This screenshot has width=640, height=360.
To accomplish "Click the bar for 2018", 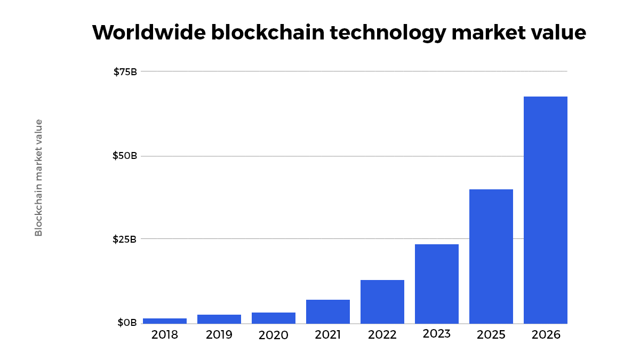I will (x=165, y=321).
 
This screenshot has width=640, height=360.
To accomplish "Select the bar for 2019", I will (x=219, y=319).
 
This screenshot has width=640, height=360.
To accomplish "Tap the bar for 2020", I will (x=274, y=318).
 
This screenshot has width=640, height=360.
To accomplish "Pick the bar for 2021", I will (x=328, y=311).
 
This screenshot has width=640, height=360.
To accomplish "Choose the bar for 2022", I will (x=382, y=302).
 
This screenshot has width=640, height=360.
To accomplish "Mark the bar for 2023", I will (x=437, y=284).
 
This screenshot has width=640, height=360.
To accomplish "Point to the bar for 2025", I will (x=491, y=257).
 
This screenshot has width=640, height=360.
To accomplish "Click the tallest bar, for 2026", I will (x=546, y=210).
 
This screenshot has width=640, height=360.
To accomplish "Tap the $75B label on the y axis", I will (x=125, y=71).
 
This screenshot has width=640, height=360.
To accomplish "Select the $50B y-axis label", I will (x=125, y=156).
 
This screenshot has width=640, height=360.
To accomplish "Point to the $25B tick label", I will (x=125, y=239).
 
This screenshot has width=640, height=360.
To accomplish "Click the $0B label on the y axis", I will (x=127, y=323).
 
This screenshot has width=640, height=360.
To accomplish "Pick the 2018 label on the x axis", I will (x=165, y=335).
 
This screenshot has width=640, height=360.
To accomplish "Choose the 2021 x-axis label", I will (x=328, y=335).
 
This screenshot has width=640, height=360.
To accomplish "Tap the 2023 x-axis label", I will (x=437, y=334).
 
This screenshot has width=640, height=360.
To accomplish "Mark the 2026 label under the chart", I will (x=546, y=335).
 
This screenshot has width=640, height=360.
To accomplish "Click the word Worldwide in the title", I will (x=148, y=33).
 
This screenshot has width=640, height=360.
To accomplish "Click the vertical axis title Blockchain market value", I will (x=38, y=178).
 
